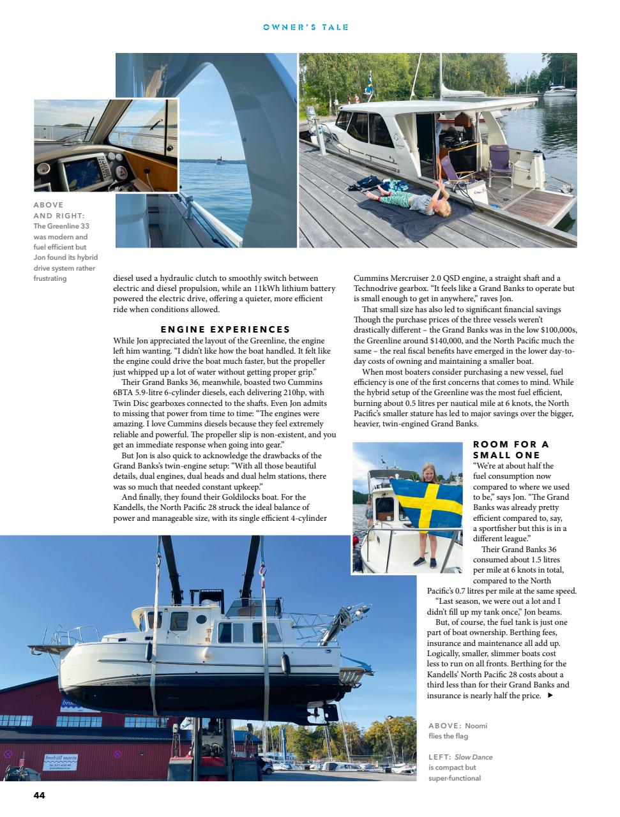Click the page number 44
point(39,795)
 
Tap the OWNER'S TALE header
point(305,27)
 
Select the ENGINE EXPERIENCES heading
point(225,329)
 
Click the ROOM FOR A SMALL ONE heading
point(511,449)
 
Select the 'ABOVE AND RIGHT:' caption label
point(59,210)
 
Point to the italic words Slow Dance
point(473,757)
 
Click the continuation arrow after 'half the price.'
point(550,696)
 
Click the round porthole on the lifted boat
point(201,619)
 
